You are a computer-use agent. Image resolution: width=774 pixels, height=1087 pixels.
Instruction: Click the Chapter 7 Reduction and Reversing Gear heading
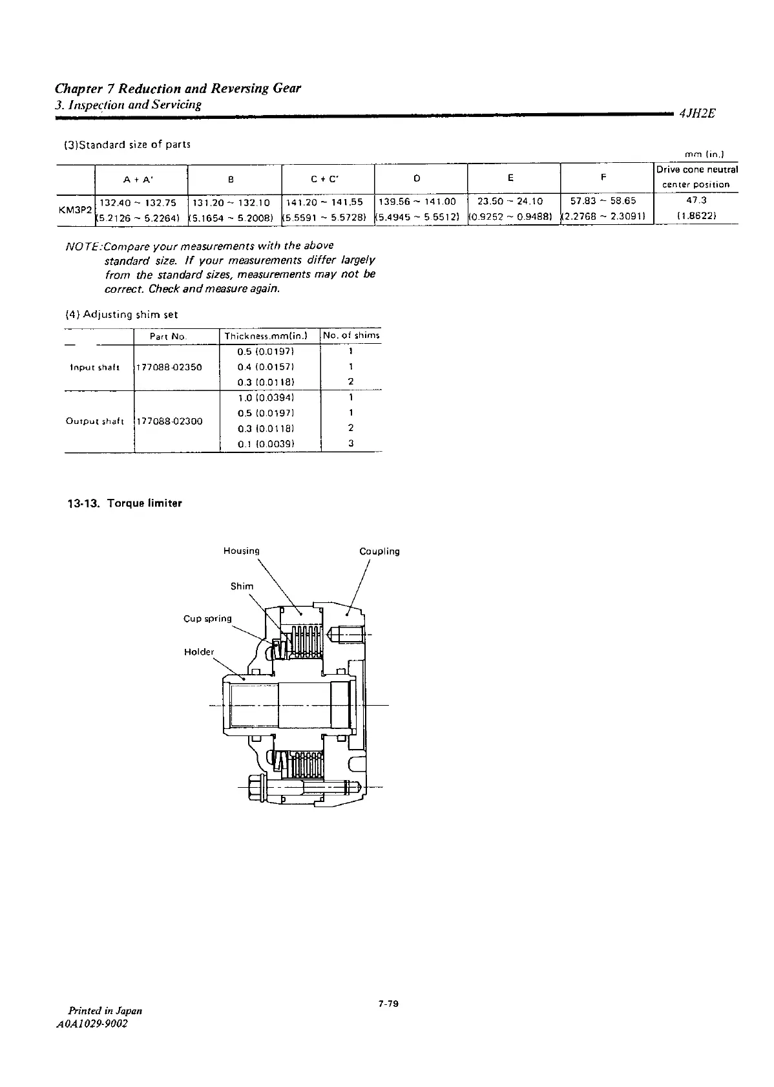(x=178, y=88)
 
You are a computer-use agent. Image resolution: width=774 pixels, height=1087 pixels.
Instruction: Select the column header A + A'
(x=141, y=179)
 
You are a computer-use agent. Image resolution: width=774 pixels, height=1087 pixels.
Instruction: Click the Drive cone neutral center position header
(x=696, y=177)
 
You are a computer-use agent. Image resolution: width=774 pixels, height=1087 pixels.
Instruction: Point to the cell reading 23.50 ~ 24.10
(x=514, y=201)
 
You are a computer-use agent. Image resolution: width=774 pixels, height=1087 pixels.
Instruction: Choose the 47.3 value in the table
(x=696, y=201)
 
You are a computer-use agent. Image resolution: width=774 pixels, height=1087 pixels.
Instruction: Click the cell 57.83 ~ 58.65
(x=607, y=201)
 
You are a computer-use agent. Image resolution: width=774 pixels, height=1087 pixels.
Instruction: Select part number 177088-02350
(x=169, y=367)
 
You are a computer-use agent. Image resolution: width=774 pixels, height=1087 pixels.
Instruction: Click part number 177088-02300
(x=169, y=421)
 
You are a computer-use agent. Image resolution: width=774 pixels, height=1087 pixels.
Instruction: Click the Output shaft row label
(x=94, y=421)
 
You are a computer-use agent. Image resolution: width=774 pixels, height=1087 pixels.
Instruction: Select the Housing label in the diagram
(x=241, y=551)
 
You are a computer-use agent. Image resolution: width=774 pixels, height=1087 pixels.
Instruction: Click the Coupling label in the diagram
(x=379, y=551)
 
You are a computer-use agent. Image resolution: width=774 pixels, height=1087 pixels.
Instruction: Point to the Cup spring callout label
(x=207, y=618)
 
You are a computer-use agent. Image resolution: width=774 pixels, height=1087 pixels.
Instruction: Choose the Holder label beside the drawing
(x=199, y=651)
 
